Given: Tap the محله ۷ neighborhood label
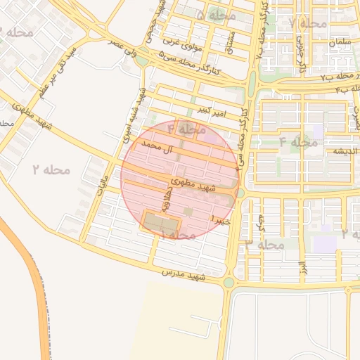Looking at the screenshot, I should point(308,23).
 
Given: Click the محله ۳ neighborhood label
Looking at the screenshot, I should point(264,244).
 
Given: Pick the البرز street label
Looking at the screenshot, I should point(302,268).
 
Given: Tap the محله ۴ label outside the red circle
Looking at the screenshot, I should point(298,142).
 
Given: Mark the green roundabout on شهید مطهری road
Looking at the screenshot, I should point(240,193).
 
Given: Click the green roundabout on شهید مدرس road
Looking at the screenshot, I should point(229,283).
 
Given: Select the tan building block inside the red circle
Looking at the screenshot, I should point(162,221).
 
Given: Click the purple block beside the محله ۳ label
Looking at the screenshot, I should point(325,244).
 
